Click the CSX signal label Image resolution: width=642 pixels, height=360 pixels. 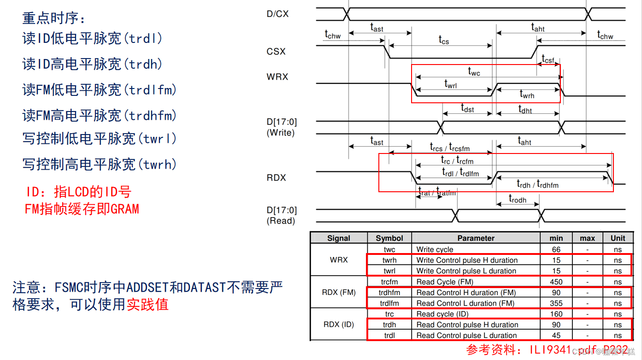pos(276,52)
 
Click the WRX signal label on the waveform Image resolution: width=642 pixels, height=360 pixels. pos(277,77)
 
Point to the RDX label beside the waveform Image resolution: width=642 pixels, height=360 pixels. pos(276,178)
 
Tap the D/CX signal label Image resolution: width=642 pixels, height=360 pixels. pos(277,14)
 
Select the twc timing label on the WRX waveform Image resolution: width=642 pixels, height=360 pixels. pos(474,71)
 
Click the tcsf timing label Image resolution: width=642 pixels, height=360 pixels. pos(548,59)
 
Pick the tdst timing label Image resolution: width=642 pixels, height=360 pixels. pos(467,108)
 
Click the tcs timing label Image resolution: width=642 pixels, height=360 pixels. pos(443,40)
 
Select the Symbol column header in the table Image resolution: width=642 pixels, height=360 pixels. pos(389,238)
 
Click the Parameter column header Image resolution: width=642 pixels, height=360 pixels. pos(476,238)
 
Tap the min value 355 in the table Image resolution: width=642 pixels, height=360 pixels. pos(556,303)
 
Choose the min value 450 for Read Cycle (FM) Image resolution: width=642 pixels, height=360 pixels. pos(556,282)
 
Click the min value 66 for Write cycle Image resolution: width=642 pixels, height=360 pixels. pos(556,249)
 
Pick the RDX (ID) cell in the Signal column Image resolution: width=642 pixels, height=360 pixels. pos(339,325)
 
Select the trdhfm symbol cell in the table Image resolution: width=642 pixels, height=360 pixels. pos(389,293)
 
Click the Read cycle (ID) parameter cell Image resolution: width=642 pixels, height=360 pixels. pos(442,314)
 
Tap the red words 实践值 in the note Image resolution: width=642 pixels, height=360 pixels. pos(147,304)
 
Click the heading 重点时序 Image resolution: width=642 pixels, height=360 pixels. pos(54,18)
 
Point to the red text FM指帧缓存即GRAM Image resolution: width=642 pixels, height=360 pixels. pos(82,209)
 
